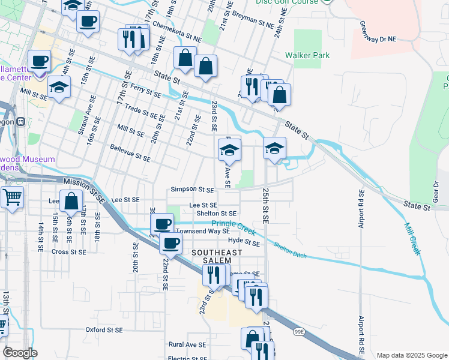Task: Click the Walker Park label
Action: coord(307,56)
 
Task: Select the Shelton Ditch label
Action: coord(290,251)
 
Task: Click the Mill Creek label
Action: coord(412,239)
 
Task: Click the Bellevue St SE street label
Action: coord(130,152)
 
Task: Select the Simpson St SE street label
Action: coord(192,190)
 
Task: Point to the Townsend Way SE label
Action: coord(202,231)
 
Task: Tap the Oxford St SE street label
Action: coord(104,330)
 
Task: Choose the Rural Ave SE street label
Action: coord(187,345)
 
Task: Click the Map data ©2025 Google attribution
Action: coord(412,355)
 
